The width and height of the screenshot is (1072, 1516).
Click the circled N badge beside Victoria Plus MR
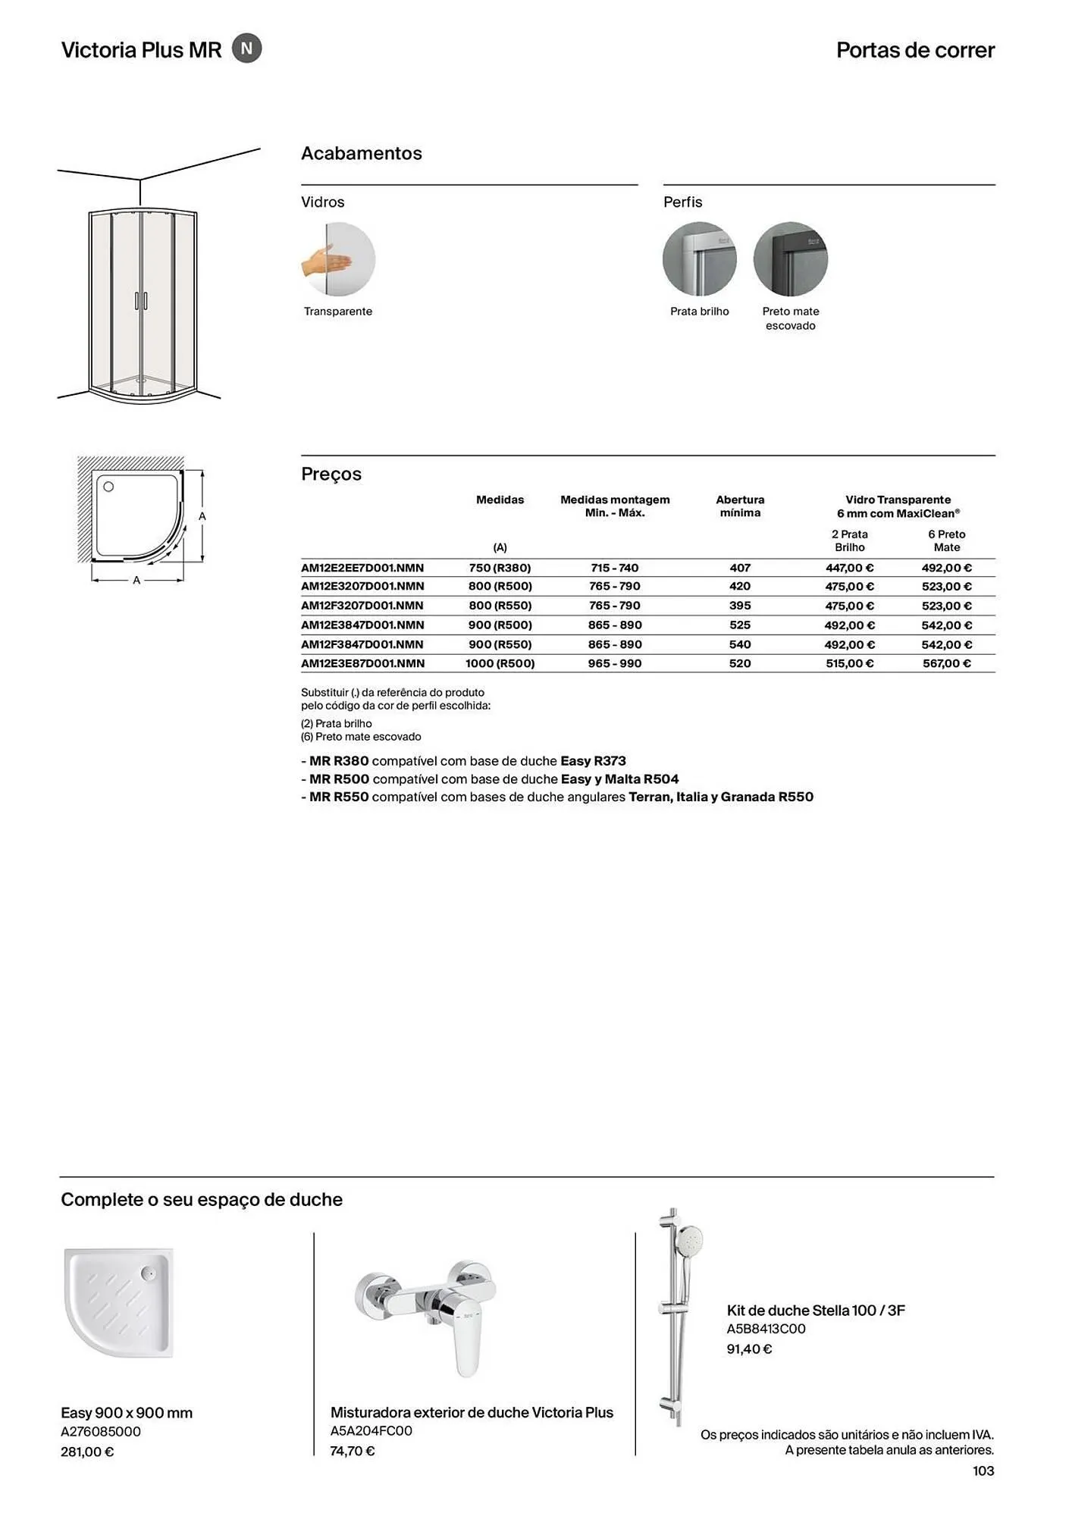click(x=246, y=49)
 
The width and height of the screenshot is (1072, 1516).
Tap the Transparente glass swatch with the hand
click(x=338, y=259)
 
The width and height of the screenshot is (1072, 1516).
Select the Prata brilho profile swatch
click(x=699, y=259)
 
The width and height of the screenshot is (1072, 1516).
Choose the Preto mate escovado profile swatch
click(x=790, y=259)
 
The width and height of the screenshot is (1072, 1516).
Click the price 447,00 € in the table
click(x=849, y=568)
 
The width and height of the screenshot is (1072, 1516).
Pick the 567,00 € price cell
click(x=946, y=663)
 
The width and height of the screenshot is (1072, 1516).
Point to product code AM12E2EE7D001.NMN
click(x=362, y=568)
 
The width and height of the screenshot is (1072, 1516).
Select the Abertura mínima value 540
click(x=740, y=644)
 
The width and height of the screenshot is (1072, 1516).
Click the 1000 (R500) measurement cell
click(x=500, y=663)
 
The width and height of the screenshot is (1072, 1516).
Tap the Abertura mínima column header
click(x=740, y=506)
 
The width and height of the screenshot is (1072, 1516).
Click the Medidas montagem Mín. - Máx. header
click(x=615, y=506)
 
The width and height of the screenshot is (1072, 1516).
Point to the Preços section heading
click(x=331, y=474)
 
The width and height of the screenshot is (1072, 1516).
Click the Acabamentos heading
click(x=362, y=153)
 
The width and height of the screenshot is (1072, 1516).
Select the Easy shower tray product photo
click(x=120, y=1303)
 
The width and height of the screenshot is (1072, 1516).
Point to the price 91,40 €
click(x=749, y=1349)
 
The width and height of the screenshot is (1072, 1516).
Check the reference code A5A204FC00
click(x=371, y=1431)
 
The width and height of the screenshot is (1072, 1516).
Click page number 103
click(x=983, y=1471)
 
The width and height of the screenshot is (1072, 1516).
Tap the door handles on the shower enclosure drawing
click(x=141, y=300)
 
